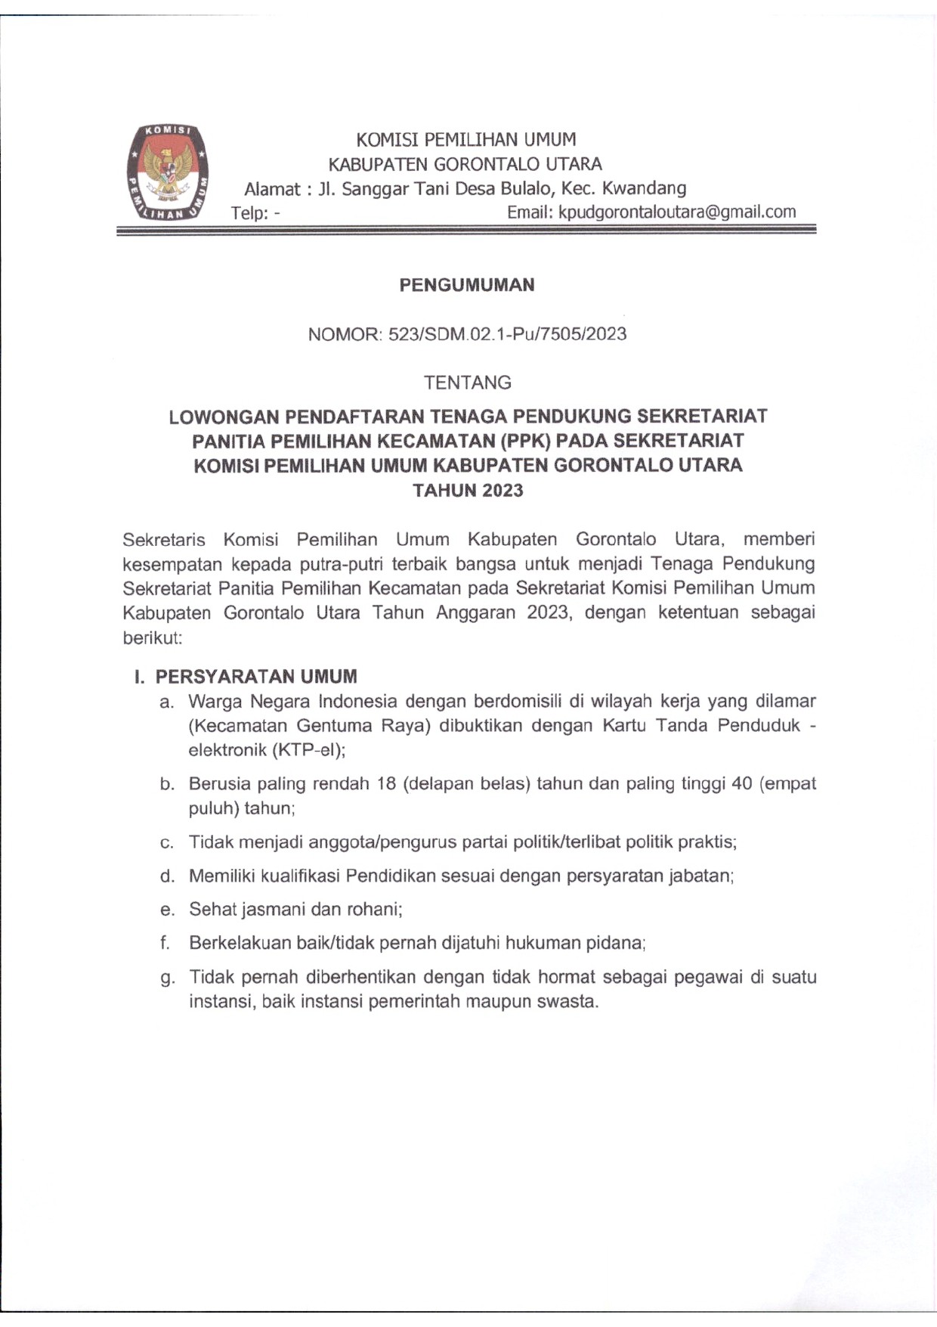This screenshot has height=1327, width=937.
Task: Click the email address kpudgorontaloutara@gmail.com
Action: [676, 212]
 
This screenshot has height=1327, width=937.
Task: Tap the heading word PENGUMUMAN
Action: [467, 285]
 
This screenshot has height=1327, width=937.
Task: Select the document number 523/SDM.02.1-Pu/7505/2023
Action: [507, 334]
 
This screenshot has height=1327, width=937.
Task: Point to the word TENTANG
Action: [468, 383]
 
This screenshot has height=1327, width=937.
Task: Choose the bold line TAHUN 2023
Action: [468, 490]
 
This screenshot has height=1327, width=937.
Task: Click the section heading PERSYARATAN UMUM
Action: [256, 676]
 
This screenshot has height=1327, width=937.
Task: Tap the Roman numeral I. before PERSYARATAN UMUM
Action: [139, 676]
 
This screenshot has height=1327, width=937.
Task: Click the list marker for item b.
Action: [167, 784]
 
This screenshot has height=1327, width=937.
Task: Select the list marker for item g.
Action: [167, 978]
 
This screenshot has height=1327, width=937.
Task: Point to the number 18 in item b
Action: [386, 783]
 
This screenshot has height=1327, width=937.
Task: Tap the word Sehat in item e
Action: [212, 909]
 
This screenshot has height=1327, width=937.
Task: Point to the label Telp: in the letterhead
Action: [250, 212]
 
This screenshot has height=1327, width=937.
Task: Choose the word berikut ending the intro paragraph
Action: [150, 637]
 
